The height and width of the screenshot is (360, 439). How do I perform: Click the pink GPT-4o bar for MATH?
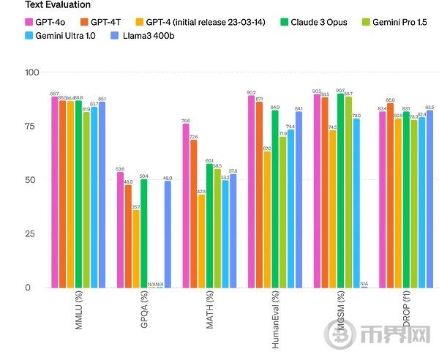(x=186, y=206)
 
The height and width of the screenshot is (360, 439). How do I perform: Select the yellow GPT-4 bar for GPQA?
(x=136, y=249)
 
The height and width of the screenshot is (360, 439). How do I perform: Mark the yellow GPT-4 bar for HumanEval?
(x=267, y=220)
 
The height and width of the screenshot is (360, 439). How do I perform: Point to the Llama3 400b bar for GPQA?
(x=168, y=234)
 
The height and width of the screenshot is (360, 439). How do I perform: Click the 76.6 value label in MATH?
(x=186, y=120)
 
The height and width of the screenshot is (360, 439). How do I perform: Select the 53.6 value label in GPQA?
(x=120, y=169)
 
